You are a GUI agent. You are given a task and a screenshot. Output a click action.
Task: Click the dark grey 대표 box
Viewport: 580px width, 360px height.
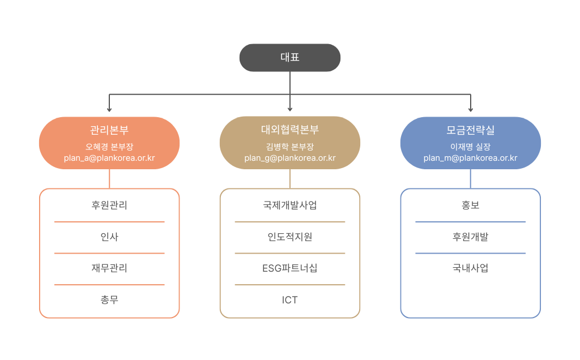[x=289, y=58]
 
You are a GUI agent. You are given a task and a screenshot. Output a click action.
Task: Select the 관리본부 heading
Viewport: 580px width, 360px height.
[x=109, y=130]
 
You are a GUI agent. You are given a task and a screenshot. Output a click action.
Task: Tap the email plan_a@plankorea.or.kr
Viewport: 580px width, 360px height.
[x=109, y=158]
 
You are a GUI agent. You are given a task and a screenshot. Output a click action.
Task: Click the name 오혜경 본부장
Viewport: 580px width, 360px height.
[x=109, y=146]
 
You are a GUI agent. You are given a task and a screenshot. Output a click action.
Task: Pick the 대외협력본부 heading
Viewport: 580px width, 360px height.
[x=289, y=130]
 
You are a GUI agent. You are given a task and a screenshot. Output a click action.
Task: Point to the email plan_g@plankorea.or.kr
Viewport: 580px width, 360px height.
[x=289, y=158]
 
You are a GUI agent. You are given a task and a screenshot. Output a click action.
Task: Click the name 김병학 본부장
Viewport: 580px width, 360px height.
[x=289, y=146]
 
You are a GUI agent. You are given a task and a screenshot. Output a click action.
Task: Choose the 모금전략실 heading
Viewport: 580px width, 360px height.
[x=470, y=130]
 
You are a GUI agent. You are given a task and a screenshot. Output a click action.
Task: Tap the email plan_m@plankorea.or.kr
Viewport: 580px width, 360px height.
[x=470, y=158]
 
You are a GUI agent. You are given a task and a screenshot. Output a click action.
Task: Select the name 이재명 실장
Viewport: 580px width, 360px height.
[x=470, y=146]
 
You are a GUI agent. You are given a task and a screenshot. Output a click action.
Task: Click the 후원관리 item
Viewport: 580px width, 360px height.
[x=109, y=205]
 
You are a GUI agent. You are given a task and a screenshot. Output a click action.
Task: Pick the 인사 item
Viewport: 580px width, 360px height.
[x=109, y=237]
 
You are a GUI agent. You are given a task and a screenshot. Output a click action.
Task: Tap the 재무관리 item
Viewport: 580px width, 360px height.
[x=109, y=268]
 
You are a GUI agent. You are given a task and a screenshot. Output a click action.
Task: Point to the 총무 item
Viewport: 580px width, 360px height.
[x=109, y=299]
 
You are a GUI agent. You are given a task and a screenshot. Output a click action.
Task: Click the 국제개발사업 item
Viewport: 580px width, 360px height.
[x=289, y=205]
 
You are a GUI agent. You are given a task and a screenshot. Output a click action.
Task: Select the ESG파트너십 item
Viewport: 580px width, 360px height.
[x=289, y=268]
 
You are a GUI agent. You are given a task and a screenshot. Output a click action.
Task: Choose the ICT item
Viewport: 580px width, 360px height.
[x=289, y=299]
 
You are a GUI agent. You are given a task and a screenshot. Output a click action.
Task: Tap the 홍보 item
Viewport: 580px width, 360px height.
[x=470, y=205]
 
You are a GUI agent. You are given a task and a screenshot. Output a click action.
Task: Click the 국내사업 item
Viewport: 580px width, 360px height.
[x=470, y=268]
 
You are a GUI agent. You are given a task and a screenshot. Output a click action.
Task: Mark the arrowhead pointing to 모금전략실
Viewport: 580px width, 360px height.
[x=470, y=109]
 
